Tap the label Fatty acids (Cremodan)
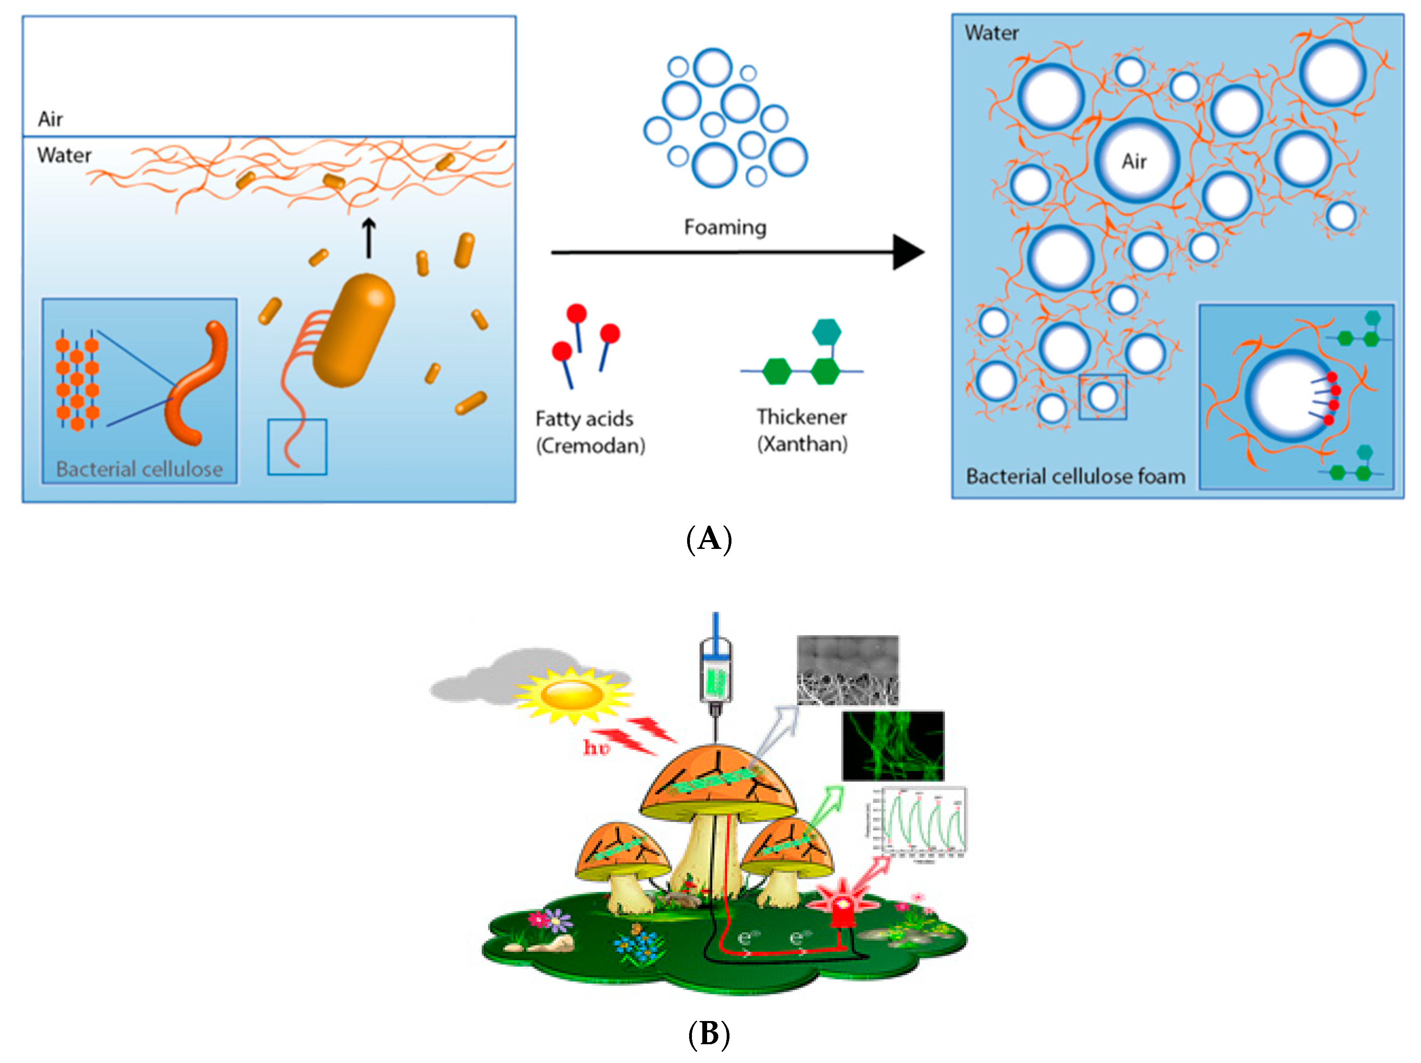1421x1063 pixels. [x=590, y=432]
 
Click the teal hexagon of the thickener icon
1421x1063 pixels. [x=826, y=332]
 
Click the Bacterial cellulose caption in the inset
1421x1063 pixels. [x=139, y=469]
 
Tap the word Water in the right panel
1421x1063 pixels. [x=991, y=33]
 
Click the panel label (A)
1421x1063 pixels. [x=709, y=538]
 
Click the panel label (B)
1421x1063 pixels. [x=709, y=1034]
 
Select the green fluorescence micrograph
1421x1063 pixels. [x=893, y=746]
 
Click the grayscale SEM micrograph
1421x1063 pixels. [x=847, y=670]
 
